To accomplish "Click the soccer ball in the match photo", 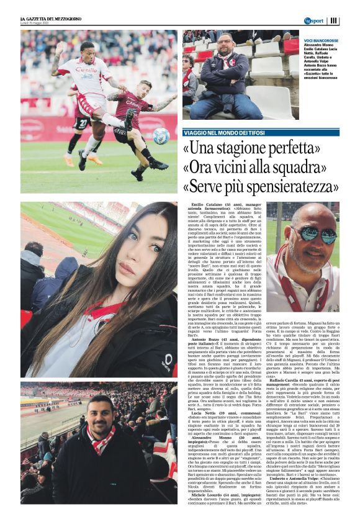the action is [161, 137].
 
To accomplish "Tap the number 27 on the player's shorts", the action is [82, 123].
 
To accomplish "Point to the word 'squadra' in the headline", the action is [308, 168].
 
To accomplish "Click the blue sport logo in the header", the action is [313, 21].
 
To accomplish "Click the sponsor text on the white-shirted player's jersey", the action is [87, 70].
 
